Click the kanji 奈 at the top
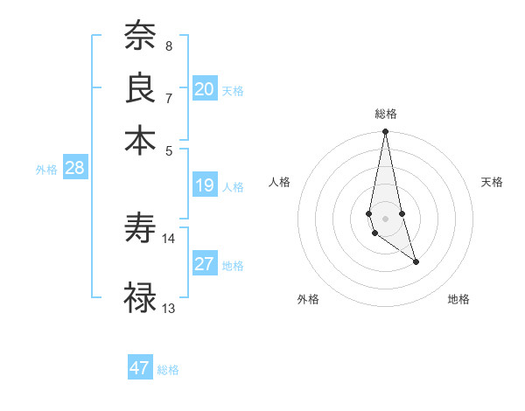[x=141, y=37]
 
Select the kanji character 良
[x=141, y=87]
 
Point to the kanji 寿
[x=141, y=229]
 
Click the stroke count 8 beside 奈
[x=168, y=45]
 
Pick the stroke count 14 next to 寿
[x=169, y=238]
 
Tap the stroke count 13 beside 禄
[x=169, y=308]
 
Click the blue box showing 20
[x=205, y=89]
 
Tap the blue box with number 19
[x=205, y=185]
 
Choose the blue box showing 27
[x=205, y=264]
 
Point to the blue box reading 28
[x=74, y=169]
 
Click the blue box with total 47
[x=140, y=368]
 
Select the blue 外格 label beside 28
[x=46, y=171]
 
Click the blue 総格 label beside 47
[x=168, y=370]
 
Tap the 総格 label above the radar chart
[x=385, y=114]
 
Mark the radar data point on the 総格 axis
[x=385, y=132]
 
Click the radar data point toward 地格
[x=416, y=261]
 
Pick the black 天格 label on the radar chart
[x=492, y=182]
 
